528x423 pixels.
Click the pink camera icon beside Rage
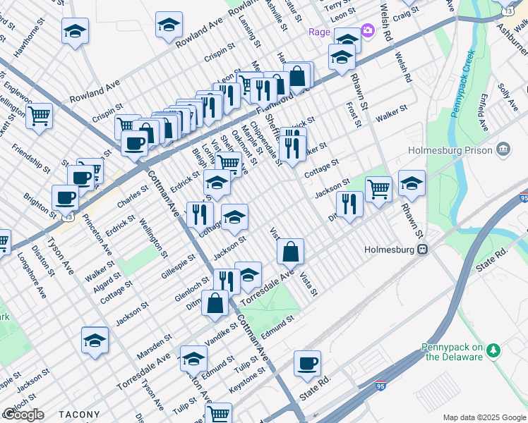pos(367,31)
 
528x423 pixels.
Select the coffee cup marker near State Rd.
pos(307,363)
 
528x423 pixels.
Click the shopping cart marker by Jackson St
pos(378,188)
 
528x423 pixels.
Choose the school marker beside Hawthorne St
pos(75,31)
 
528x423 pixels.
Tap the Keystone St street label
pos(248,385)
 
